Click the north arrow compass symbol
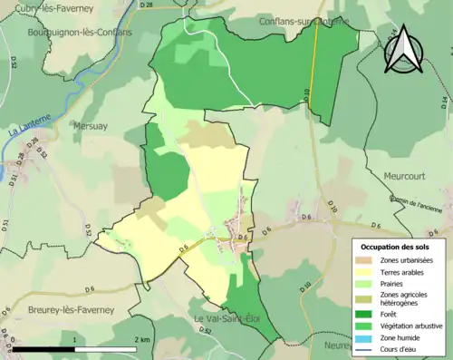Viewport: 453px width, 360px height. [403, 50]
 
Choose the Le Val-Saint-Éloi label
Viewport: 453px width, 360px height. [223, 319]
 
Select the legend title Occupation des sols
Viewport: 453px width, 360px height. [397, 248]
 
